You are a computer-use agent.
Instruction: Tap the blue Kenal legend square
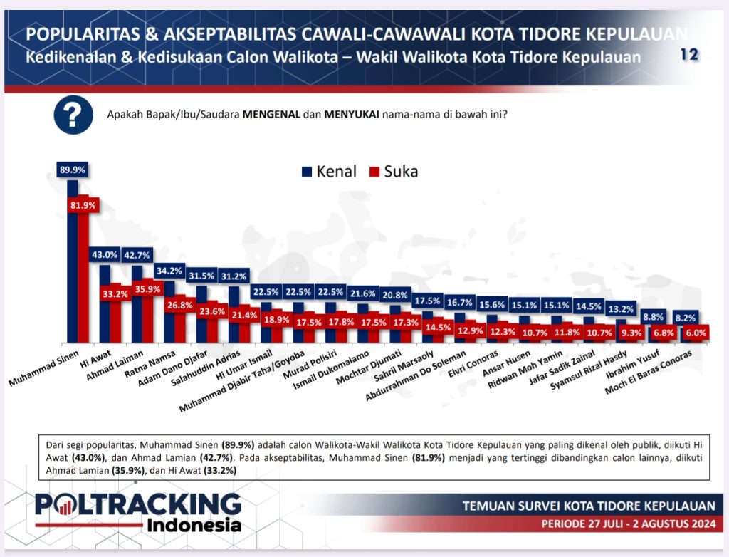pyautogui.click(x=308, y=172)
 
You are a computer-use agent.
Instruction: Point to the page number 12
pyautogui.click(x=688, y=54)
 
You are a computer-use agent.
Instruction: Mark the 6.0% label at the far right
pyautogui.click(x=696, y=333)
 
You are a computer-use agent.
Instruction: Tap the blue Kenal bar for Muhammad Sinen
pyautogui.click(x=72, y=264)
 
